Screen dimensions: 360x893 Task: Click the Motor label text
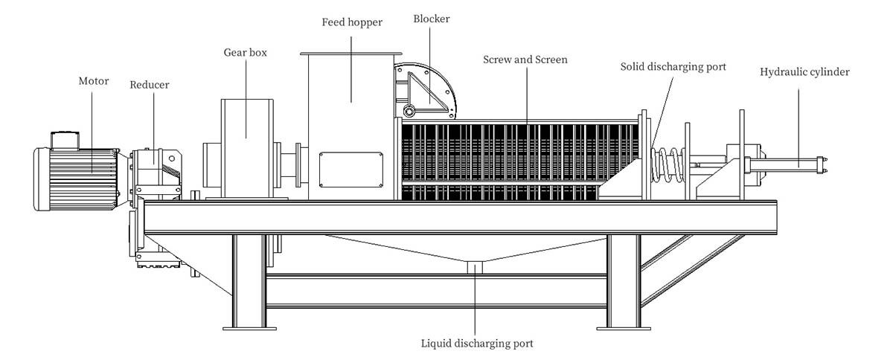(x=95, y=81)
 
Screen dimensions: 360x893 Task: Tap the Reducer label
(x=149, y=85)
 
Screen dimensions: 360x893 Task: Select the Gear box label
(x=246, y=53)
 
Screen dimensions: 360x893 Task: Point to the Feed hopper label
(x=352, y=22)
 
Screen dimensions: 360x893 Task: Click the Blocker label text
(x=432, y=19)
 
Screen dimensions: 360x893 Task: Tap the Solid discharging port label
(x=673, y=67)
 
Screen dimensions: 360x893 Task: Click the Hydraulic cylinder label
(x=804, y=72)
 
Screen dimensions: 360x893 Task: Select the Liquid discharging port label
(x=477, y=344)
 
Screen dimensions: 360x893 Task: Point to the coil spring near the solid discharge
(x=668, y=166)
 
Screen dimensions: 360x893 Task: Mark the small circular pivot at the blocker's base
(x=409, y=112)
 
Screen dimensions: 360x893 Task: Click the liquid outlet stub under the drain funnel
(x=474, y=267)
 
